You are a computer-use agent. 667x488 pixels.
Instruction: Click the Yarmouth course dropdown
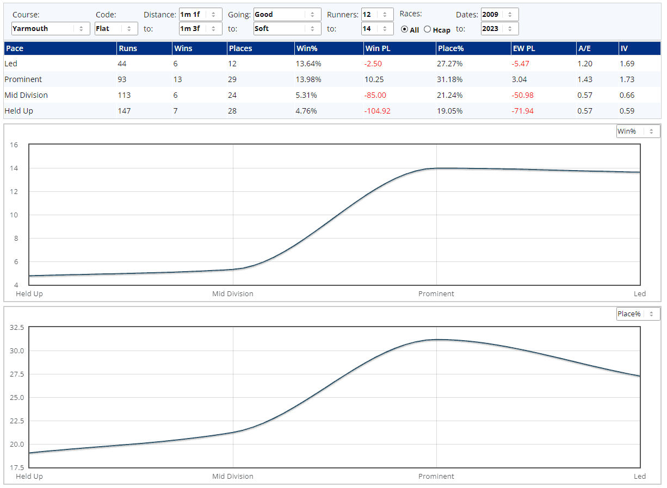coord(51,29)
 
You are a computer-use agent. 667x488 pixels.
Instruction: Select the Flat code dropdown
coord(116,29)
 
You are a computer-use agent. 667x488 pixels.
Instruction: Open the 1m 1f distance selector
coord(200,15)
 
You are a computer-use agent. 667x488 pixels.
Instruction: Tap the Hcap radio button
coord(427,29)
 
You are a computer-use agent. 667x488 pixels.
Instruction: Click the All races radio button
coord(404,29)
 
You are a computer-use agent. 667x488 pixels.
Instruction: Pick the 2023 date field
coord(499,29)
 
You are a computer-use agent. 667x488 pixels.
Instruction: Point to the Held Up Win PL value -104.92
coord(378,111)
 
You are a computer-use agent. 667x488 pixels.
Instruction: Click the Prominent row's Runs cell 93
coord(122,79)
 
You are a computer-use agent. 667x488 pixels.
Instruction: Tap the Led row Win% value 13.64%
coord(308,64)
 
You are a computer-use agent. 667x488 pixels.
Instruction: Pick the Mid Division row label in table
coord(26,95)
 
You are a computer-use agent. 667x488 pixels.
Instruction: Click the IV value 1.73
coord(627,79)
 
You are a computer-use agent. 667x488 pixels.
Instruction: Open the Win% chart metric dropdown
coord(638,132)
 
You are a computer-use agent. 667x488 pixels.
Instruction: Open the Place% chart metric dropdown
coord(638,314)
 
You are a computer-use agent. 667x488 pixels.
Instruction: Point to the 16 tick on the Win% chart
coord(14,145)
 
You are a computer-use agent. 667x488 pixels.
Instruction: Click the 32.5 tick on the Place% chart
coord(17,328)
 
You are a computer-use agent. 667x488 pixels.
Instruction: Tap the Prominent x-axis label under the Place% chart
coord(436,477)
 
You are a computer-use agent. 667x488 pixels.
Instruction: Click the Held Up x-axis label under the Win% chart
coord(29,294)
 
